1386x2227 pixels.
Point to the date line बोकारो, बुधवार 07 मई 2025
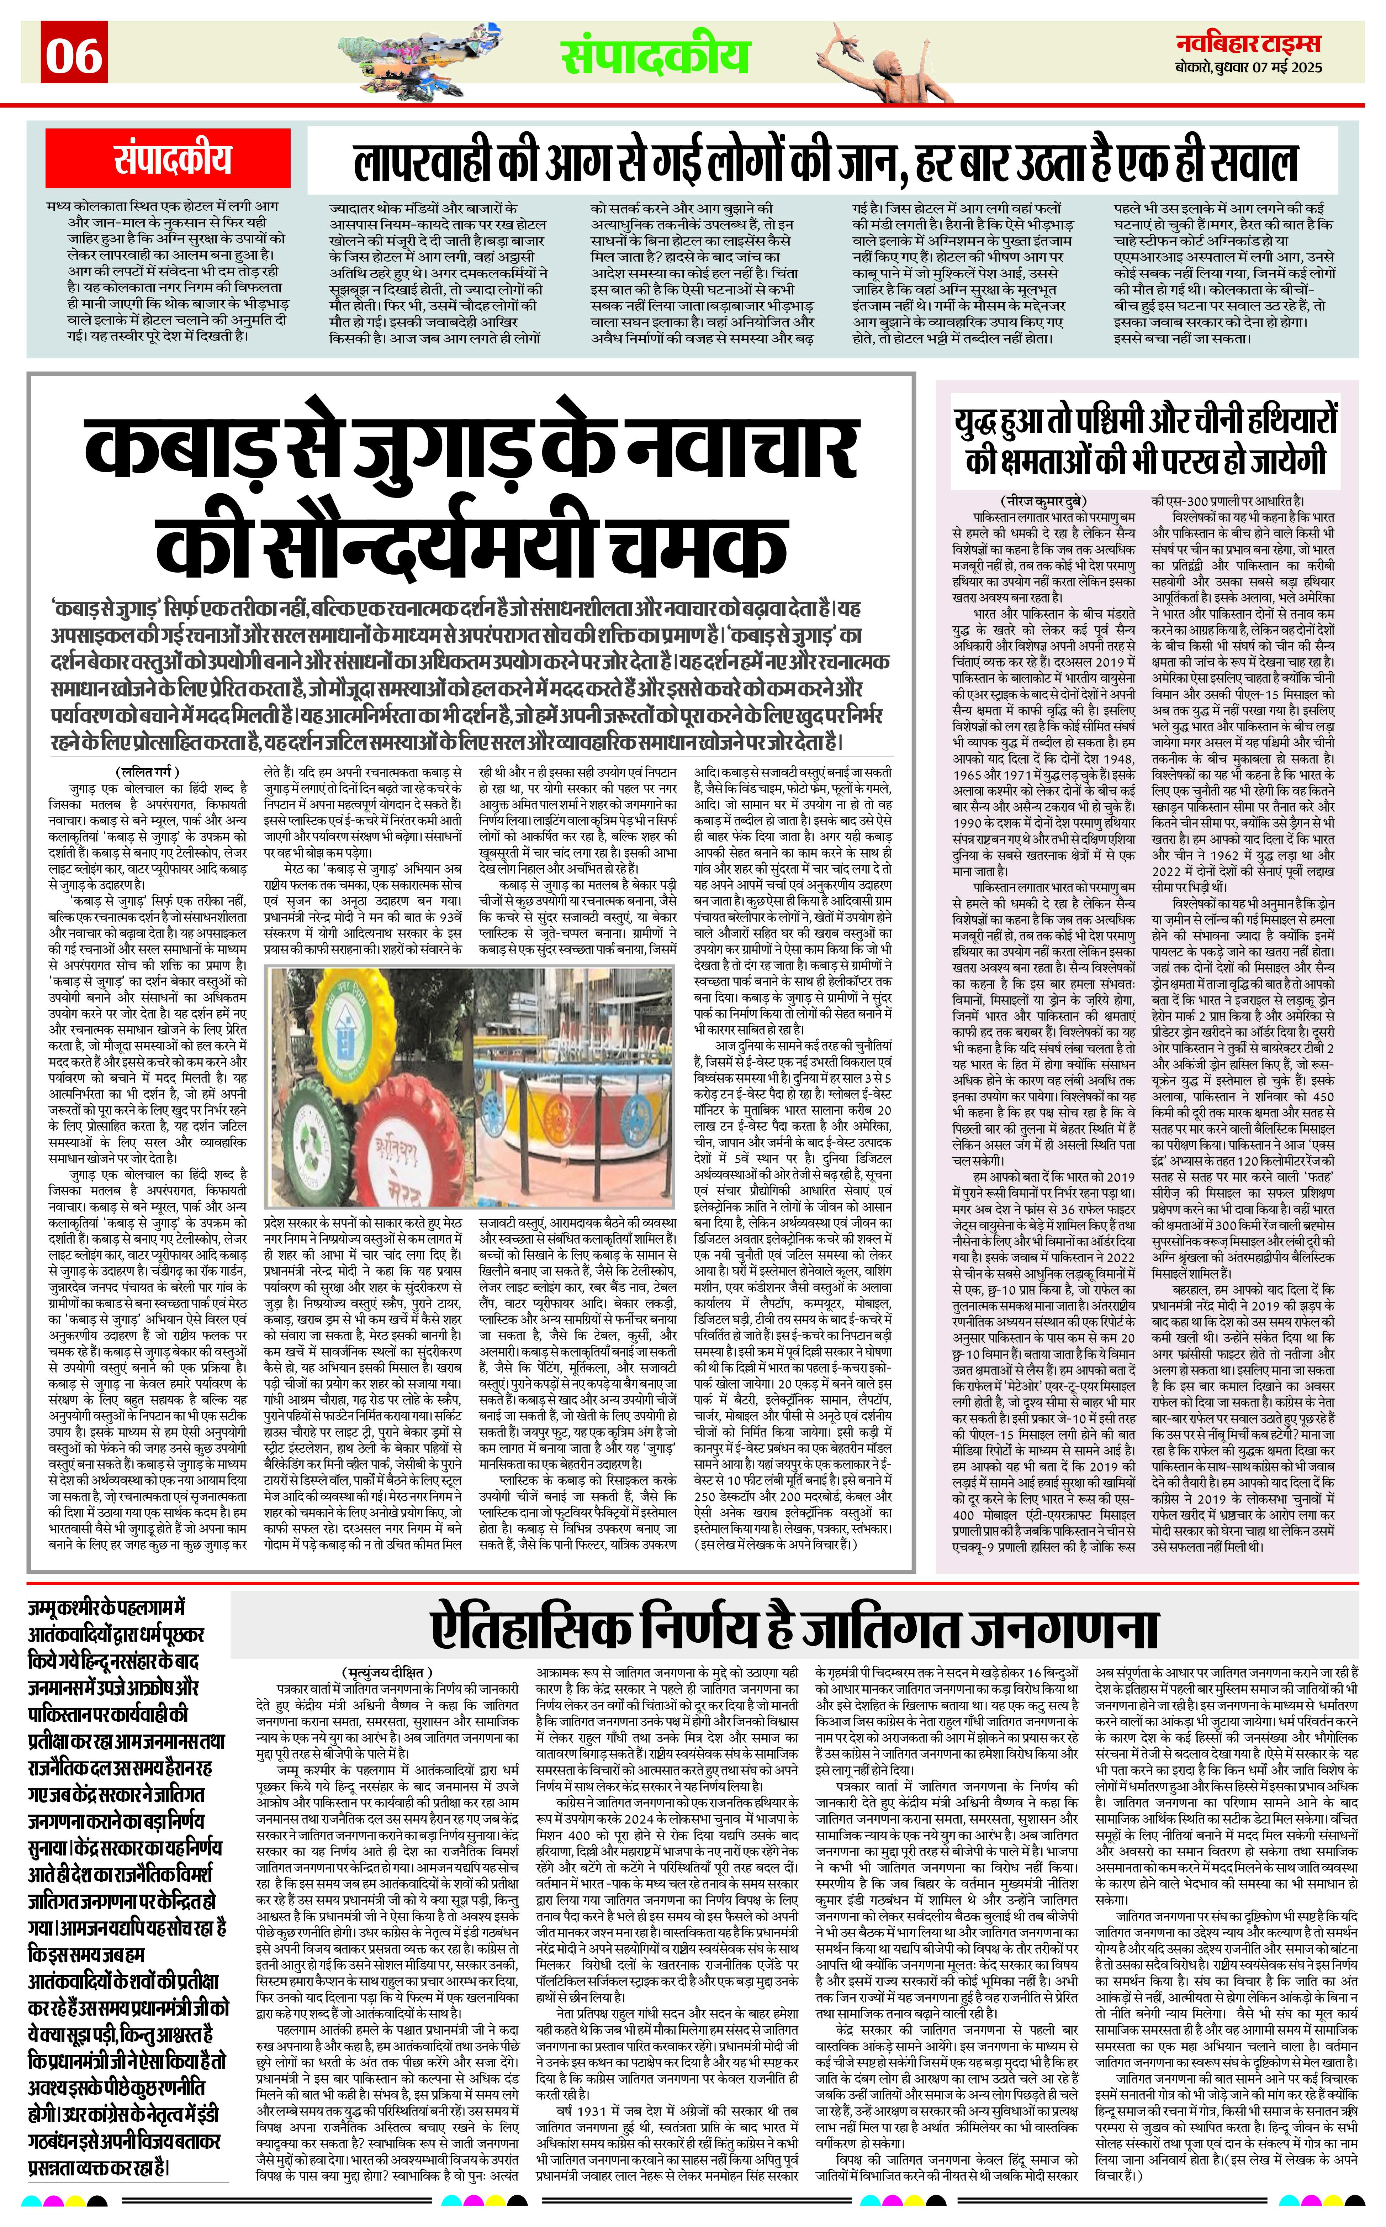tap(1248, 69)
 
